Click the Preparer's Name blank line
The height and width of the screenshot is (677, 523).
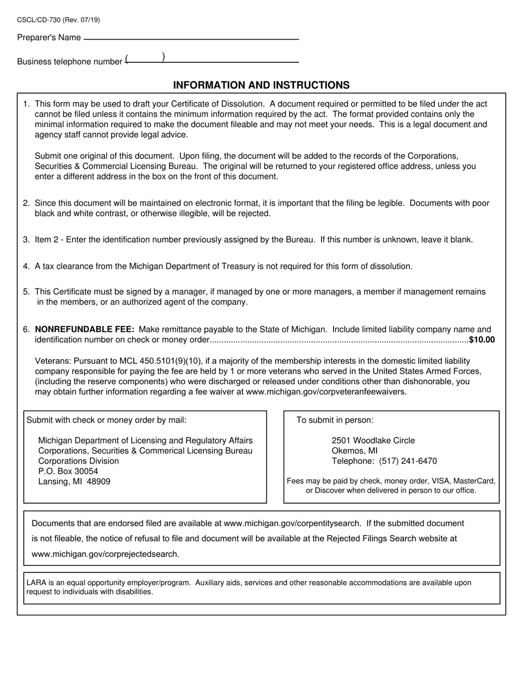click(x=190, y=39)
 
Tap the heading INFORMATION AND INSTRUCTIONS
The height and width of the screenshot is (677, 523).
click(x=261, y=85)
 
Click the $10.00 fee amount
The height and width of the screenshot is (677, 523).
click(x=482, y=340)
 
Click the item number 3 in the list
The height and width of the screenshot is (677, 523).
click(x=26, y=240)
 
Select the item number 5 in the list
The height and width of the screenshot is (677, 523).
click(x=26, y=292)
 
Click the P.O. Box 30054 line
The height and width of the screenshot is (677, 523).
click(x=68, y=471)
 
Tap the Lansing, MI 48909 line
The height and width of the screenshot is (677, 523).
click(x=74, y=482)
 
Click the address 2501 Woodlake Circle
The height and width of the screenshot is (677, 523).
click(x=373, y=440)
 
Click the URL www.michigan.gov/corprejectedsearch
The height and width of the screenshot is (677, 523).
click(x=105, y=554)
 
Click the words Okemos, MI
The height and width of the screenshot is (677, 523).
click(x=355, y=451)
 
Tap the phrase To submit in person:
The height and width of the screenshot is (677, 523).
click(x=335, y=420)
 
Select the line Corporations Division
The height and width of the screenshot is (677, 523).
click(x=78, y=461)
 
